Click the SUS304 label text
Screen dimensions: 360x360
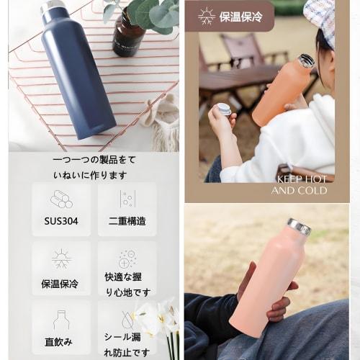(60, 221)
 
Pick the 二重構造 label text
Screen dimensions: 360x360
(127, 221)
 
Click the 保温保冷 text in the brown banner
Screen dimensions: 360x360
(241, 16)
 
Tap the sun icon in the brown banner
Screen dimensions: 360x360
(207, 16)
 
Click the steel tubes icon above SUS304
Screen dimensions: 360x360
(61, 199)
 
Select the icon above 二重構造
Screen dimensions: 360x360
(127, 199)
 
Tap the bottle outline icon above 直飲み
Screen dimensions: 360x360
(61, 319)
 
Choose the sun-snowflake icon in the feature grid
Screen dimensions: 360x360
(61, 258)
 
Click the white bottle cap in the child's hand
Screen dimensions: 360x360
(224, 109)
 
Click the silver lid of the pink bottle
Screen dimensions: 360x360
(299, 227)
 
